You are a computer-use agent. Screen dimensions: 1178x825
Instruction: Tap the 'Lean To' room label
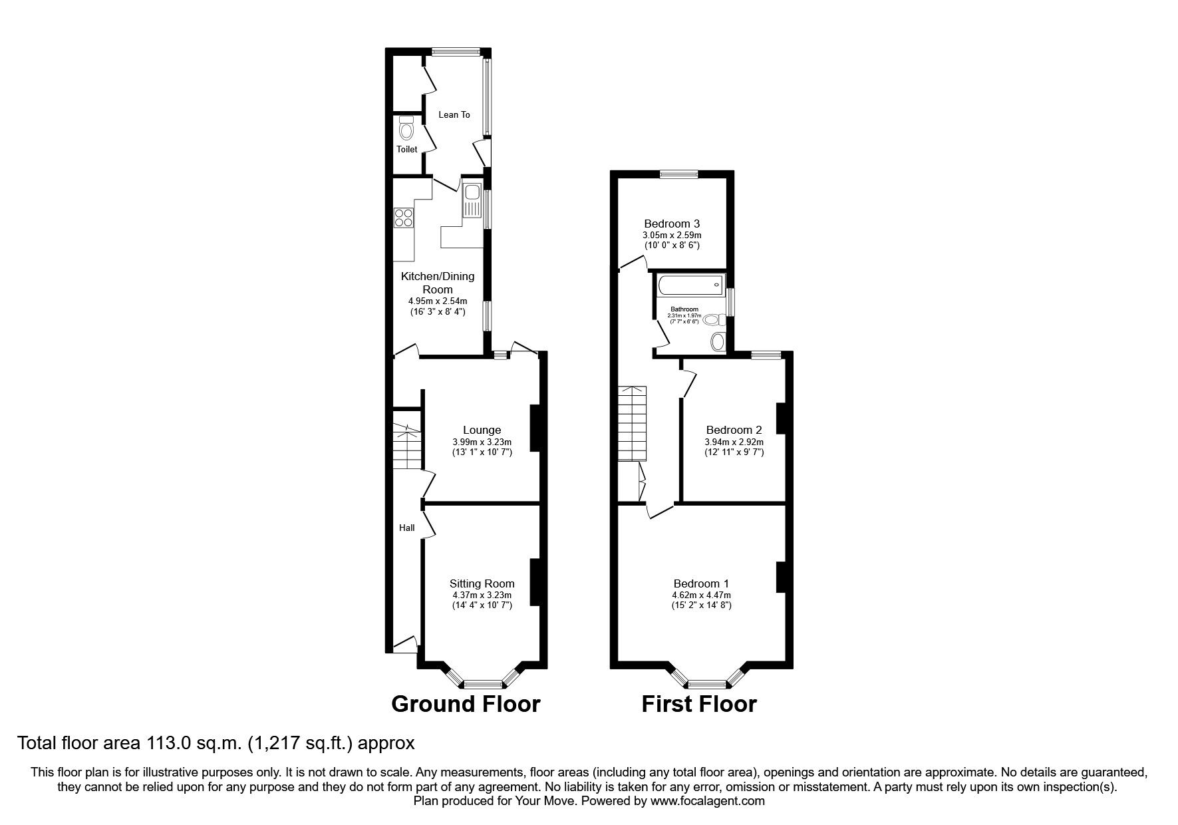click(x=454, y=114)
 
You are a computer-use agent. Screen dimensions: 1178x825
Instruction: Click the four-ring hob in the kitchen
click(x=404, y=218)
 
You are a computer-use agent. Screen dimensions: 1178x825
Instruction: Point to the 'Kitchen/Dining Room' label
click(x=438, y=283)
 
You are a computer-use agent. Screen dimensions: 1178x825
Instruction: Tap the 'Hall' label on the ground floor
click(x=407, y=528)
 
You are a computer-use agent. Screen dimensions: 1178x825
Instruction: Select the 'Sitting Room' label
click(x=482, y=583)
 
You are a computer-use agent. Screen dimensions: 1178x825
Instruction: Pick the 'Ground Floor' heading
click(x=466, y=703)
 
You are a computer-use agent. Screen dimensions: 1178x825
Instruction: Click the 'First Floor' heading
click(x=699, y=703)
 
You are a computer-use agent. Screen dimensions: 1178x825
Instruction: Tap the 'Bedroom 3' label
click(x=672, y=224)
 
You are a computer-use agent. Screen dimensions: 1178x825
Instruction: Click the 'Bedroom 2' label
click(x=734, y=430)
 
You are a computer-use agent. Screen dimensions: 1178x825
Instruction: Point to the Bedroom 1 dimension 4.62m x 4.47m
click(x=702, y=595)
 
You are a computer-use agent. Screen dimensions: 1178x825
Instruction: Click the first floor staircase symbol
click(x=632, y=423)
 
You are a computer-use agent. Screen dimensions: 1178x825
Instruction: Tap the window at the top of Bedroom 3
click(x=679, y=174)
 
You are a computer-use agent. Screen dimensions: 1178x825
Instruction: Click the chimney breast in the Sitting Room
click(x=534, y=582)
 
